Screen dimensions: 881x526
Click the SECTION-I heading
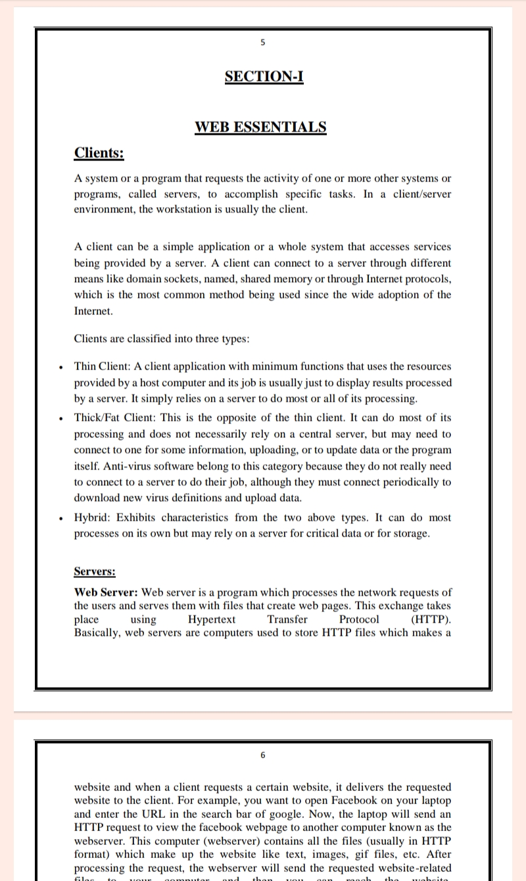(264, 76)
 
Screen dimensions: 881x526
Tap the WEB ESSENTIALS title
(260, 127)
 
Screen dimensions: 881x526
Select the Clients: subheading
(99, 153)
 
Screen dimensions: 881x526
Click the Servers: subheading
(95, 571)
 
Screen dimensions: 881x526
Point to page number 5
(263, 43)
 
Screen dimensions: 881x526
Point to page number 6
(263, 755)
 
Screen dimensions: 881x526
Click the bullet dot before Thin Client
(60, 367)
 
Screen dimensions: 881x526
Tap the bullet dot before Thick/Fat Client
(60, 418)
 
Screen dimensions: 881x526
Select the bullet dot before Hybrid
(60, 518)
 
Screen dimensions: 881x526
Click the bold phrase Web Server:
(106, 593)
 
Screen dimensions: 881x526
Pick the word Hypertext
(212, 619)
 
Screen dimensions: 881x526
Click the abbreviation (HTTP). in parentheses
(431, 619)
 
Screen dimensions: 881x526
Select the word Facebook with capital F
(364, 800)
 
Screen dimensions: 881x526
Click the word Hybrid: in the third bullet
(93, 517)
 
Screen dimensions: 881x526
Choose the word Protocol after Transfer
(359, 619)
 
